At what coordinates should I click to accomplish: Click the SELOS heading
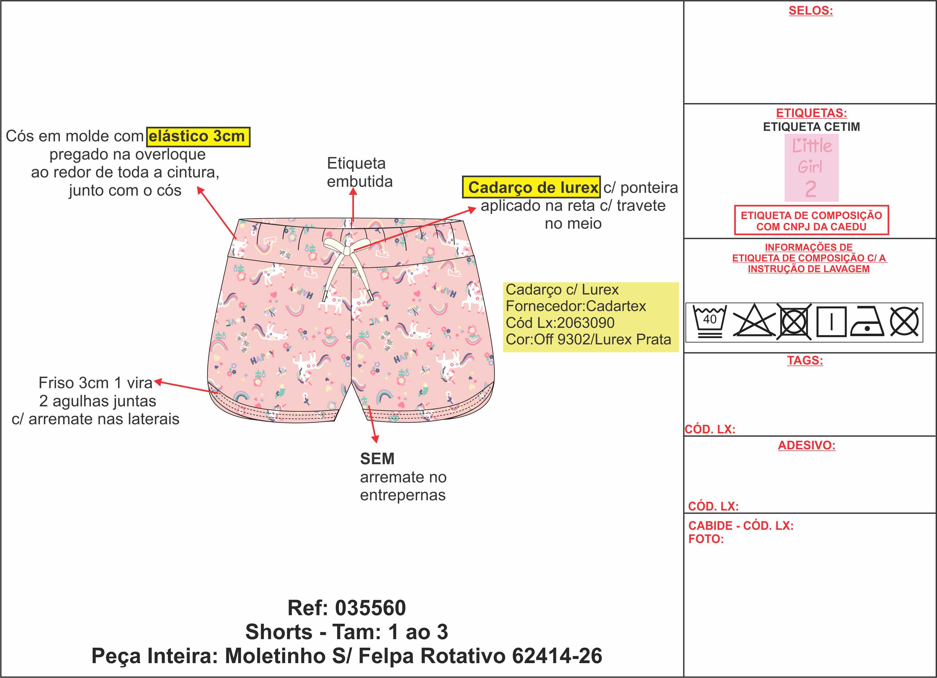coord(810,11)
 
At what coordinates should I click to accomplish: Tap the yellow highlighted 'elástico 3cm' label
coord(198,137)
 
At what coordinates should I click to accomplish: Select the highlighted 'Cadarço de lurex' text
coord(531,187)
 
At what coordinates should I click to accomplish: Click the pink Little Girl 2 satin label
coord(811,168)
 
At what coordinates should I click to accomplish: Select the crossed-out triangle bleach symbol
coord(754,321)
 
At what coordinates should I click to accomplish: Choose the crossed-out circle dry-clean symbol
coord(904,321)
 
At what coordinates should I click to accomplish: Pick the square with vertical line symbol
coord(831,321)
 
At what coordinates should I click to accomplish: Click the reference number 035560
coord(370,608)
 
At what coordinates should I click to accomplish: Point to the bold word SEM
coord(377,459)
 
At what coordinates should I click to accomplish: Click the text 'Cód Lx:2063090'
coord(560,323)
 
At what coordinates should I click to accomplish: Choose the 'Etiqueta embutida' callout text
coord(359,172)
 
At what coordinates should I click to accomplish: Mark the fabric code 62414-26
coord(557,656)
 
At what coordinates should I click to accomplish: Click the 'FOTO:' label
coord(706,539)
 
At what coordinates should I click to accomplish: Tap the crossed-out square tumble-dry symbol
coord(794,321)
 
